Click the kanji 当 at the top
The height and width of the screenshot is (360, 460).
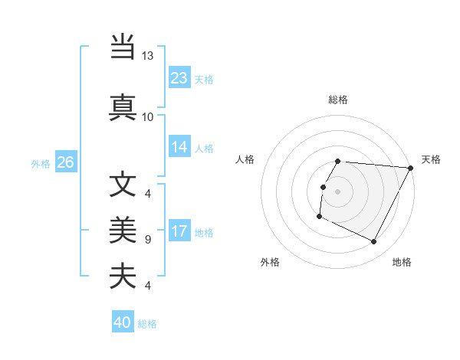point(123,47)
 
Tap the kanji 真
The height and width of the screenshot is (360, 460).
point(123,106)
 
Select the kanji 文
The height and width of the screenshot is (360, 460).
point(123,185)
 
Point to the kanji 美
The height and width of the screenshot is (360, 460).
point(123,229)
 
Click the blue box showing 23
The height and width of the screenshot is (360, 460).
point(179,77)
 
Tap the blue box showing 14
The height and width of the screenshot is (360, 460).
point(179,148)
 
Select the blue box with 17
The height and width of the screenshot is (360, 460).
point(179,232)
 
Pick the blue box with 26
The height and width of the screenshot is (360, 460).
point(65,162)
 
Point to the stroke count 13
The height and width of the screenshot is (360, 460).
point(147,56)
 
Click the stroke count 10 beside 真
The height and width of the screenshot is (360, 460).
point(147,116)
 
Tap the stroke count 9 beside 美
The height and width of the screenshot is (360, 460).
point(147,240)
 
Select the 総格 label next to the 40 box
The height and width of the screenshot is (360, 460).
point(148,324)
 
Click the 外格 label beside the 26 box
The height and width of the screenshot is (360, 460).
point(41,163)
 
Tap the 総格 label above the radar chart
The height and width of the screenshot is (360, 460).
point(338,100)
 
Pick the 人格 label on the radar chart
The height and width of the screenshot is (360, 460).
point(245,159)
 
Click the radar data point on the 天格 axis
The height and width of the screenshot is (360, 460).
point(411,168)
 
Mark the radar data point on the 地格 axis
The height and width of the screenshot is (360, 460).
point(374,242)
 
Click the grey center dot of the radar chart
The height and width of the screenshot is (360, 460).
point(337,191)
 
